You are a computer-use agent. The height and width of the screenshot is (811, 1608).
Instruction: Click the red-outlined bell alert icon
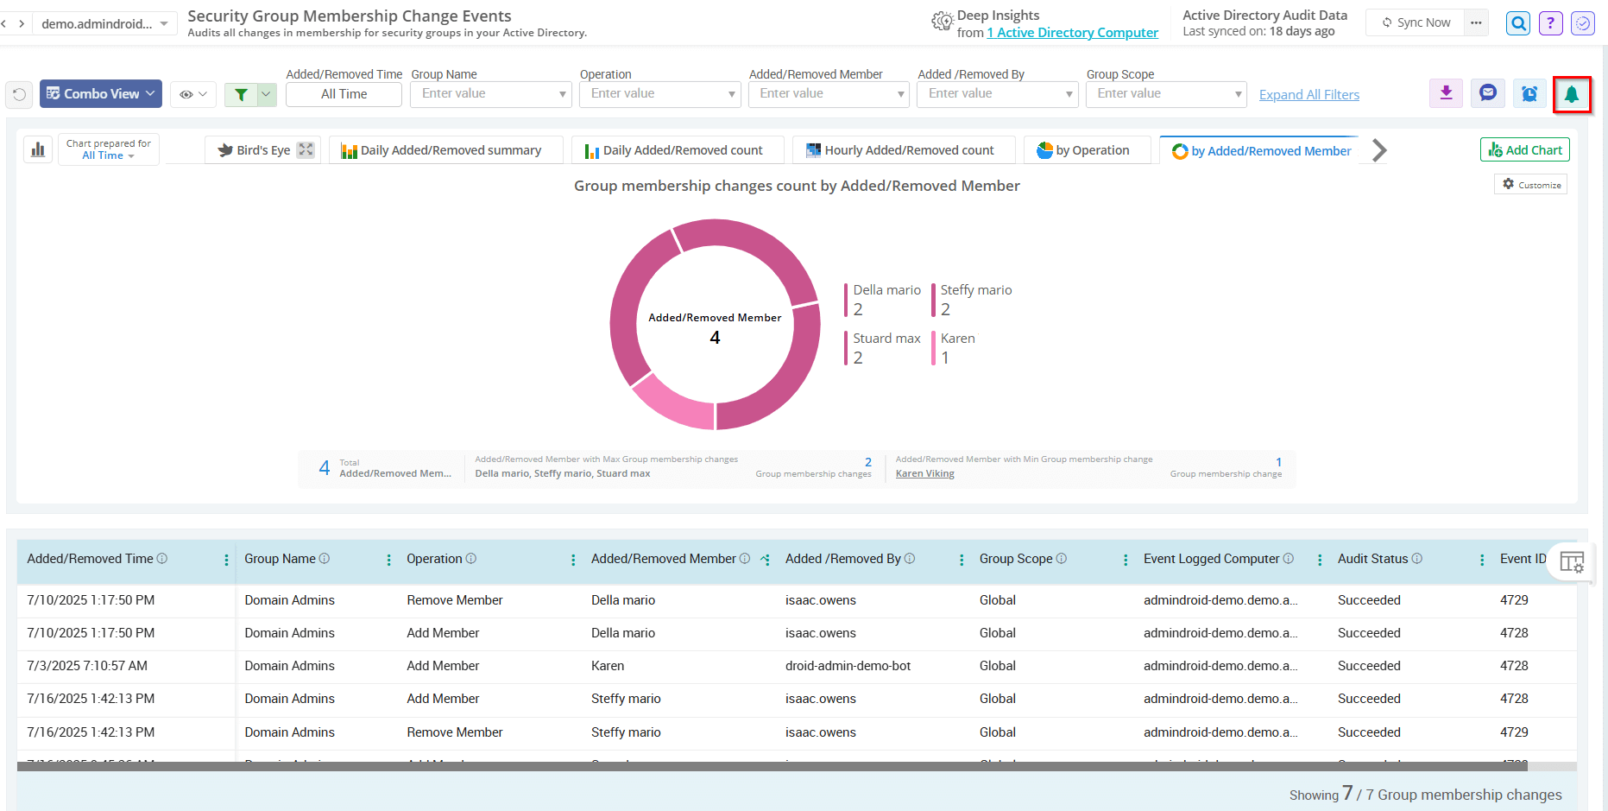[x=1571, y=94]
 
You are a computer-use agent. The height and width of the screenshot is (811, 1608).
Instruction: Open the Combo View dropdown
[x=101, y=94]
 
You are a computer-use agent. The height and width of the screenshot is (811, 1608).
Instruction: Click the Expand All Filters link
[x=1308, y=95]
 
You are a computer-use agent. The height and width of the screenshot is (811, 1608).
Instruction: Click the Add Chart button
[x=1524, y=150]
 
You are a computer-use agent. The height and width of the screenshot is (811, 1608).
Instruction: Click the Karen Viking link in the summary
[x=924, y=473]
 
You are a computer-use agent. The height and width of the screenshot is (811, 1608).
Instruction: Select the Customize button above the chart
[x=1531, y=185]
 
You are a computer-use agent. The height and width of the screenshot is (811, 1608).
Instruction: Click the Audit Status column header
[x=1372, y=559]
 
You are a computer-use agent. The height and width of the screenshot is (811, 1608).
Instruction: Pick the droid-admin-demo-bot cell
[x=848, y=666]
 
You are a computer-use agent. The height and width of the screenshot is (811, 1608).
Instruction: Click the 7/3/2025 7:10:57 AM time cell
[x=87, y=666]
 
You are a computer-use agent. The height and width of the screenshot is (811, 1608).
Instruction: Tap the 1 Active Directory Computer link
[x=1072, y=33]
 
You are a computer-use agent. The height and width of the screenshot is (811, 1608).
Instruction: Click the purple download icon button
[x=1446, y=93]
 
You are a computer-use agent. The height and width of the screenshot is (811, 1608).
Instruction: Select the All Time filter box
[x=344, y=94]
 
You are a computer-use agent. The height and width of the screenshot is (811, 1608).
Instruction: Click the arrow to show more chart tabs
[x=1379, y=150]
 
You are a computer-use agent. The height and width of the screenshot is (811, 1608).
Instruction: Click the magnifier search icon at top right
[x=1517, y=23]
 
